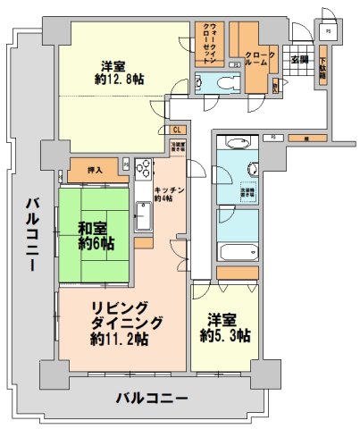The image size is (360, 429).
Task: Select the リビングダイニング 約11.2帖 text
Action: coord(119,323)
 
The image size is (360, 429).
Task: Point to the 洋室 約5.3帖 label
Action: coord(224,327)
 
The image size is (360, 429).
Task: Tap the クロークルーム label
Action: coord(260,60)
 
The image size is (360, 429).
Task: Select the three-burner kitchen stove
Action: coord(144,170)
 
